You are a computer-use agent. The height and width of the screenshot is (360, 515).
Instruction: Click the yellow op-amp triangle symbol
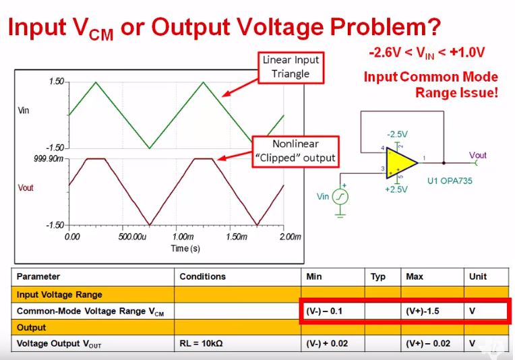tap(400, 163)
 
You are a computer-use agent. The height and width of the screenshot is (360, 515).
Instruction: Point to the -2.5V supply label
tap(397, 134)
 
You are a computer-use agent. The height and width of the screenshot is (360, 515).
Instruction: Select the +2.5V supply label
tap(397, 189)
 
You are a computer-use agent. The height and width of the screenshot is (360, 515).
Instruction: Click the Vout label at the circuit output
tap(478, 155)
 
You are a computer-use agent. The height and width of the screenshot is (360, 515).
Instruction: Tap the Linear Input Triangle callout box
tap(291, 66)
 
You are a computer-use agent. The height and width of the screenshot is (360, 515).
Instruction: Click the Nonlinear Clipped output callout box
tap(295, 151)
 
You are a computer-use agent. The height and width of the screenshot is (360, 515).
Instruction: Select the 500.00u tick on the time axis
tap(126, 237)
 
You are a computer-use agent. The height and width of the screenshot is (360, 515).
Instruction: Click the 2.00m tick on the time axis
tap(290, 237)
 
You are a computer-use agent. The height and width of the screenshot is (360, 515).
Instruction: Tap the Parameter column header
tap(38, 276)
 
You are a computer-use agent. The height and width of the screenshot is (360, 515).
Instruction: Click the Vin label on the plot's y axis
tap(23, 110)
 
